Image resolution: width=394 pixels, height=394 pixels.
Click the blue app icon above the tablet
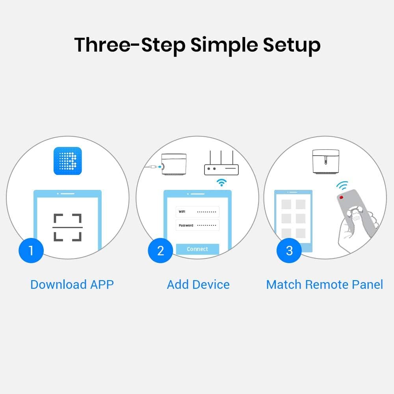click(x=68, y=161)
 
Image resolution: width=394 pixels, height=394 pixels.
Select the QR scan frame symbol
click(x=68, y=227)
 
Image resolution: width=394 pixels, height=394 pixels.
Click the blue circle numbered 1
click(x=31, y=250)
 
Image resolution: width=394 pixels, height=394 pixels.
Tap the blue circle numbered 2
click(x=160, y=251)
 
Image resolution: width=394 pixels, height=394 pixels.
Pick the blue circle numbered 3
click(x=289, y=251)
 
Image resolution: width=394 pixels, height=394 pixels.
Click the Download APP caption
click(x=72, y=284)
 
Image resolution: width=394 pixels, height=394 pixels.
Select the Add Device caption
click(x=198, y=284)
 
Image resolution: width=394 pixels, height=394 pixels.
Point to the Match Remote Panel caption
click(x=324, y=284)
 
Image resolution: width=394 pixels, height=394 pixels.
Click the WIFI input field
click(x=197, y=212)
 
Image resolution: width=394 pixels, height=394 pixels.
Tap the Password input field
click(x=197, y=225)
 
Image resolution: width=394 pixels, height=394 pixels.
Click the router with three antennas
click(x=221, y=165)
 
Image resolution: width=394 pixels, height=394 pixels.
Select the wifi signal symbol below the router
click(x=222, y=182)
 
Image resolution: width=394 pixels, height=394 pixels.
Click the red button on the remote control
click(x=341, y=197)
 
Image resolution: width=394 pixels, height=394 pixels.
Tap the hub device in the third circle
click(x=325, y=162)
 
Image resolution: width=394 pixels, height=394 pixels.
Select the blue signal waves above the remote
click(x=342, y=186)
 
